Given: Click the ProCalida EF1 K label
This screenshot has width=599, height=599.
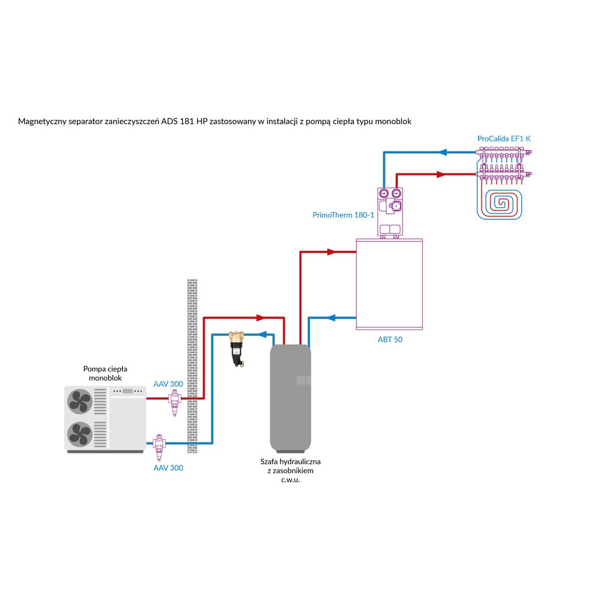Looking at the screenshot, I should click(x=504, y=138).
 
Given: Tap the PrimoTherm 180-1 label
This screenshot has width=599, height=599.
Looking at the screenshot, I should click(x=343, y=214).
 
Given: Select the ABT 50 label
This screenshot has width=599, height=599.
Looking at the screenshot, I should click(x=389, y=339).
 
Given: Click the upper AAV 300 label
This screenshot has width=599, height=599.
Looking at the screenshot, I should click(x=168, y=384).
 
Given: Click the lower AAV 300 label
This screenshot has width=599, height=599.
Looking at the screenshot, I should click(x=168, y=468).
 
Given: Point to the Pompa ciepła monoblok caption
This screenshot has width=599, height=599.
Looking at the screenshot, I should click(x=105, y=374).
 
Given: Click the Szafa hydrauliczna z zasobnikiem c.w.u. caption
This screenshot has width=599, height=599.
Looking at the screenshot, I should click(x=291, y=471).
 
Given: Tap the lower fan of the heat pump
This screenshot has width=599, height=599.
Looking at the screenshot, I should click(x=80, y=434).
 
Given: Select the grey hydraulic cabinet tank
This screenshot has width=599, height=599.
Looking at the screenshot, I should click(x=291, y=398).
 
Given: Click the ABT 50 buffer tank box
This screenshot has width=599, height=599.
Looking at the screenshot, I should click(x=389, y=284).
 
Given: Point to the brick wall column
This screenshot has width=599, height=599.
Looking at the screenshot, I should click(x=192, y=365).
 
